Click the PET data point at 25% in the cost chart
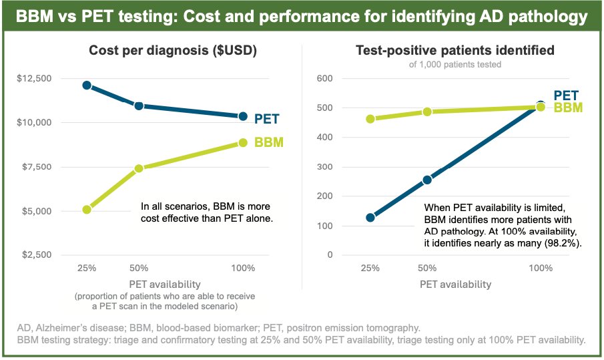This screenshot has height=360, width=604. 87,85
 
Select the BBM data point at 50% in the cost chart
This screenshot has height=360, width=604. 139,169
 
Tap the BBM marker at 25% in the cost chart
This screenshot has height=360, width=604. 87,209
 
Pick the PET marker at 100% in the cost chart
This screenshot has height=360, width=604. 243,116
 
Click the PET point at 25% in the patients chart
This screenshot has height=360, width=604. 370,217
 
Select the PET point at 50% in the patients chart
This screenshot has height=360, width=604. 427,180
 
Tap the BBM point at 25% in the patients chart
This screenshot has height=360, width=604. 370,119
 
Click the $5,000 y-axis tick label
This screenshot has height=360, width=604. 35,211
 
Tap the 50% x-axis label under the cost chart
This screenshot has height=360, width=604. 139,268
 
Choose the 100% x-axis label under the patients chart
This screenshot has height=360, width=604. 541,268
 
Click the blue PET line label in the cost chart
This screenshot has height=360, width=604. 267,120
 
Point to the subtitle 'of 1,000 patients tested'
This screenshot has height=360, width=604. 455,65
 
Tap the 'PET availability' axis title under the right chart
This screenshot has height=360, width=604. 455,284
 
